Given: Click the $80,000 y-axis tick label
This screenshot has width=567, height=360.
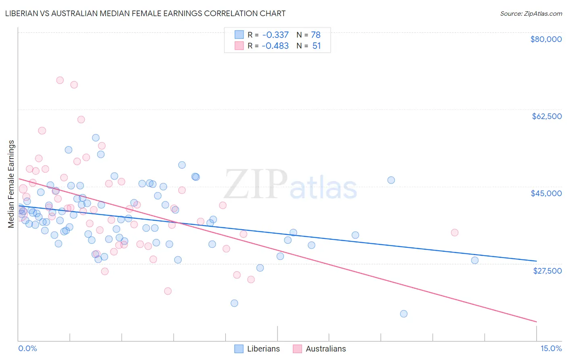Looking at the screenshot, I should coord(546,39).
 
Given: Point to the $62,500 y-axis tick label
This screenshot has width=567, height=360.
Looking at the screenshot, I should coord(546,116).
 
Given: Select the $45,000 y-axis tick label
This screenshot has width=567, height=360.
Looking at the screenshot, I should coord(546,193).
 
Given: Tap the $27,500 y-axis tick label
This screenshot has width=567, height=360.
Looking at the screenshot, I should coord(547,271).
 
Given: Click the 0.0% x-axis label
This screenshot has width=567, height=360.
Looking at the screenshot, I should coord(27,348).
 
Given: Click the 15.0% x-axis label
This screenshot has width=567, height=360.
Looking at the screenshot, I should coord(551,348).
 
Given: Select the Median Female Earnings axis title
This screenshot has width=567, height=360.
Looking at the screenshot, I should coord(11,184).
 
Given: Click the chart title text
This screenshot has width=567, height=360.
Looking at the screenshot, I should coord(145,13).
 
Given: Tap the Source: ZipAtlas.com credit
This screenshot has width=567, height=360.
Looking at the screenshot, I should coord(531,13).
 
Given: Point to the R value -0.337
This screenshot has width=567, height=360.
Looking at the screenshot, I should coord(275,35).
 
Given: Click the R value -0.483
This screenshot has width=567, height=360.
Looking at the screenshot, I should coord(275,46).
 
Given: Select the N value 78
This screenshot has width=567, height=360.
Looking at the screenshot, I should coord(316,35).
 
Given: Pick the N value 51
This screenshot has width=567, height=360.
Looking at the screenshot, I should coord(317,46).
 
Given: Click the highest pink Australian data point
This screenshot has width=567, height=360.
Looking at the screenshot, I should coord(60,80).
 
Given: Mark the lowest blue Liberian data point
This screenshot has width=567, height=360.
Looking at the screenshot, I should coord(404,314).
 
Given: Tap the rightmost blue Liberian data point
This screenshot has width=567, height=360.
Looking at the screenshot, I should coord(475,260).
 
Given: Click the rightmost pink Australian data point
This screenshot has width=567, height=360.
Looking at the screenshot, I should coord(454,232).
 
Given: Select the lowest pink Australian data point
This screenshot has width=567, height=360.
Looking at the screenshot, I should coord(168,291).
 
